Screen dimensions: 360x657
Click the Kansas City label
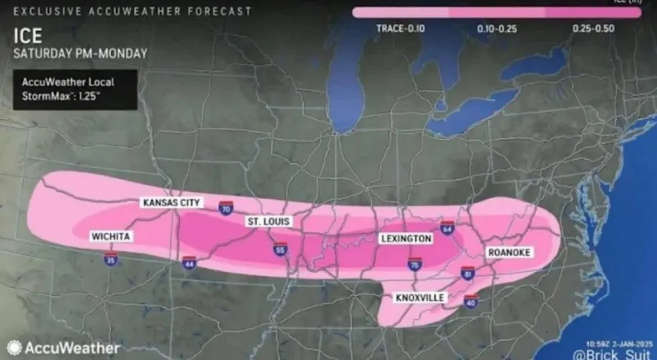pyautogui.click(x=172, y=203)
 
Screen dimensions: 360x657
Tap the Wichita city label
pyautogui.click(x=110, y=236)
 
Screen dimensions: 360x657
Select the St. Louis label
pyautogui.click(x=269, y=221)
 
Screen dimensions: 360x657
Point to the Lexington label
pyautogui.click(x=406, y=238)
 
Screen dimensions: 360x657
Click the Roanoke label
pyautogui.click(x=509, y=252)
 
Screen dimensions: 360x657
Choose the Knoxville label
pyautogui.click(x=419, y=297)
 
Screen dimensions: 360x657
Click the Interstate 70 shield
pyautogui.click(x=226, y=208)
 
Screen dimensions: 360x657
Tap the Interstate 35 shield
pyautogui.click(x=110, y=257)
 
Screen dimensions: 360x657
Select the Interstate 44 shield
pyautogui.click(x=189, y=263)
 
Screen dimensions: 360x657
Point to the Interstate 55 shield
pyautogui.click(x=279, y=249)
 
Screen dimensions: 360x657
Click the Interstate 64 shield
pyautogui.click(x=447, y=227)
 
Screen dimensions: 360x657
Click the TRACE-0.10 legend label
pyautogui.click(x=401, y=28)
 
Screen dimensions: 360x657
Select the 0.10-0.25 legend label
pyautogui.click(x=498, y=28)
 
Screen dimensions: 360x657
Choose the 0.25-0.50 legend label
pyautogui.click(x=594, y=28)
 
